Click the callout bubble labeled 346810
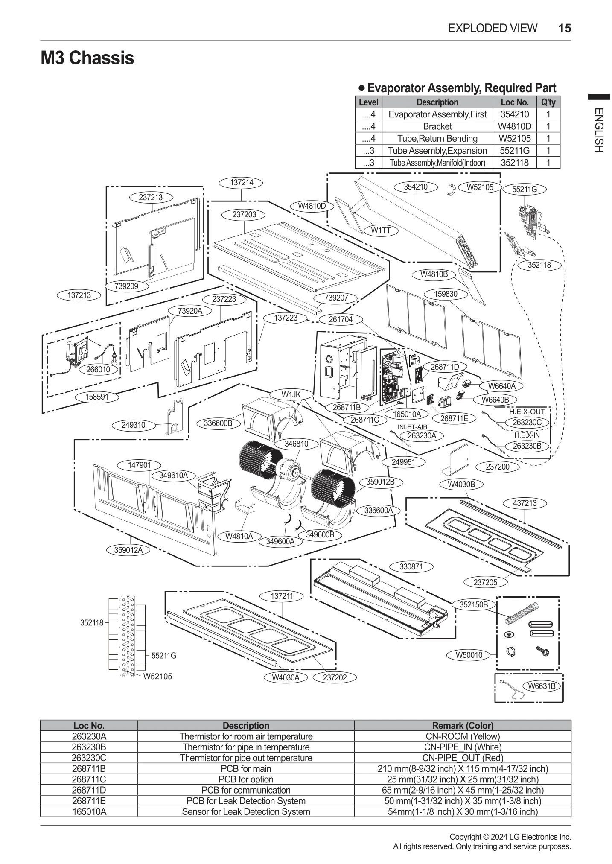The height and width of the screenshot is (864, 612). (296, 444)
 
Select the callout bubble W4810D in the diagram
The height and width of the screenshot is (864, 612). (312, 206)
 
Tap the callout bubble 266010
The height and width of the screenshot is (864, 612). (98, 369)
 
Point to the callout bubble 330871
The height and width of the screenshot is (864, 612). (411, 566)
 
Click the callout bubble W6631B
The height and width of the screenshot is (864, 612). (542, 686)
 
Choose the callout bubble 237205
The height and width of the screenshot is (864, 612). (485, 582)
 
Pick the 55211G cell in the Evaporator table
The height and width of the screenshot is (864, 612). (514, 151)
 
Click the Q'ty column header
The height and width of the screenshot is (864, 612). (548, 102)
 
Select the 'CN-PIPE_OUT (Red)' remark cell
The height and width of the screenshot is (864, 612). (463, 758)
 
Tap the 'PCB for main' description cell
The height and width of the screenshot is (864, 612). (246, 768)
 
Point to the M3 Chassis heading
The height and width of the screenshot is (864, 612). (87, 58)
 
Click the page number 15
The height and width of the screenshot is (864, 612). (564, 28)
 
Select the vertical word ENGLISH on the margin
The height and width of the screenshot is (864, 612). (598, 130)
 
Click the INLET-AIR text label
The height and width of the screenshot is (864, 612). (412, 427)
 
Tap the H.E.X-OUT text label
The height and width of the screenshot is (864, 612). (527, 412)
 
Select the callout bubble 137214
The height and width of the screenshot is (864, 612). (242, 183)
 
